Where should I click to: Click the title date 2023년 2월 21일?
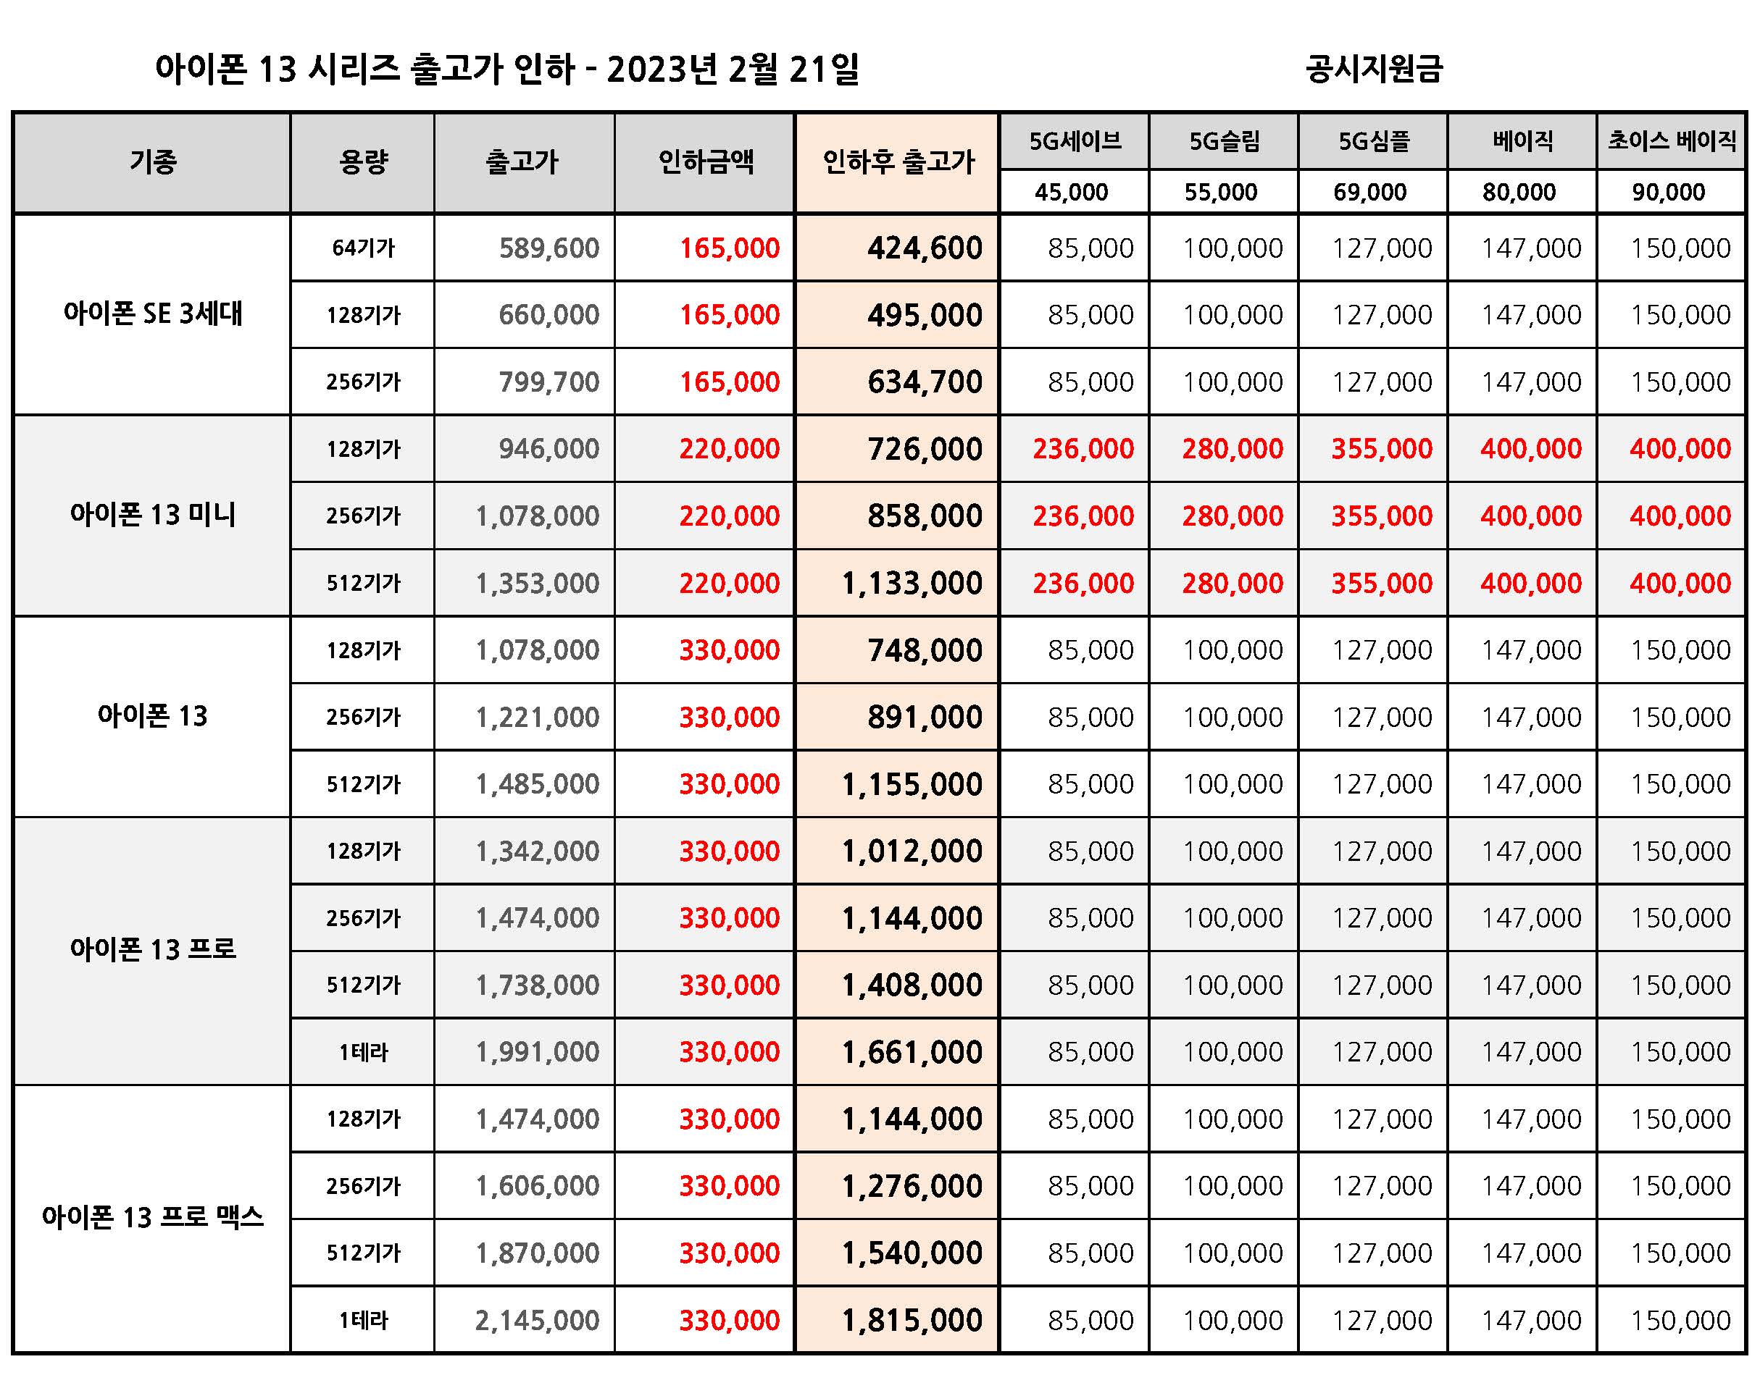point(733,70)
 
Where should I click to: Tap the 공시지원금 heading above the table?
point(1374,70)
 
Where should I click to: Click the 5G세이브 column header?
point(1075,142)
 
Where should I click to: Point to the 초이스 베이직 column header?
point(1672,142)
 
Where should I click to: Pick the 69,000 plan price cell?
point(1370,193)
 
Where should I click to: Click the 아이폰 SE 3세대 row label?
point(153,314)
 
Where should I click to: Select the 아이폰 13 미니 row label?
point(153,515)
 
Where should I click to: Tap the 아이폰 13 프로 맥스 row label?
point(153,1217)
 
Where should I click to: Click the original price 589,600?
point(549,248)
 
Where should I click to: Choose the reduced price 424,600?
point(925,248)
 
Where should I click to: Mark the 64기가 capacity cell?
point(364,248)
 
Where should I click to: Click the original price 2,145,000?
point(537,1320)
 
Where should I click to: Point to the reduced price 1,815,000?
point(912,1320)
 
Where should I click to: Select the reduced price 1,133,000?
point(912,583)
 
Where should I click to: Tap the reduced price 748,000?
point(925,650)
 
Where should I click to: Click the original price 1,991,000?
point(537,1052)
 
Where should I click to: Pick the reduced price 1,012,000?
point(912,852)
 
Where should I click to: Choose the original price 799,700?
point(549,382)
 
